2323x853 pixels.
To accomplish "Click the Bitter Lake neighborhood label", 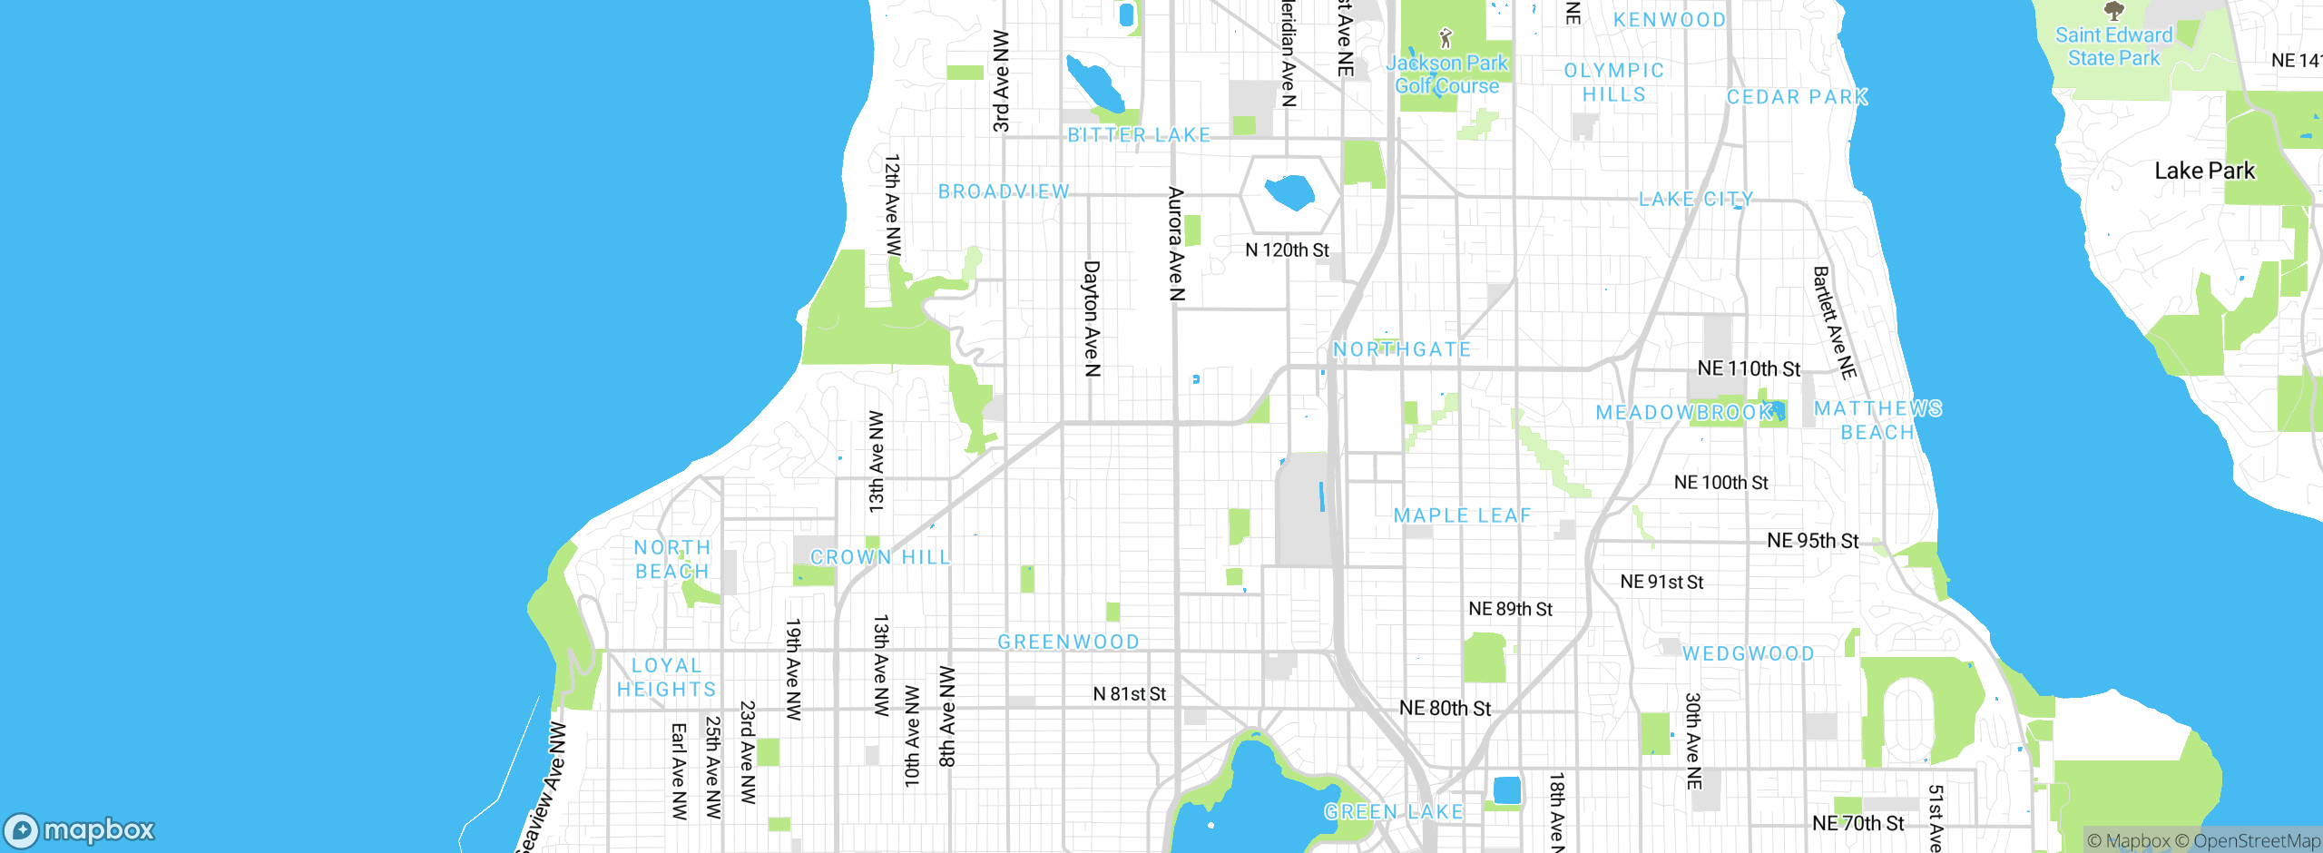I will pyautogui.click(x=1139, y=135).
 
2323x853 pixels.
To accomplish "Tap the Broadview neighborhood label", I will pyautogui.click(x=1004, y=191).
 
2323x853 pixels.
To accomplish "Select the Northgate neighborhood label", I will pyautogui.click(x=1402, y=349).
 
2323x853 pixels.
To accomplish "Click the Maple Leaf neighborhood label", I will pyautogui.click(x=1462, y=515).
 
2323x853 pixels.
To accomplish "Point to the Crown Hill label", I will pyautogui.click(x=880, y=557).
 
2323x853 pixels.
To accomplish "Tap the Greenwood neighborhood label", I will pyautogui.click(x=1068, y=642).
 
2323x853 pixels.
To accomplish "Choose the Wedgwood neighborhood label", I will pyautogui.click(x=1748, y=653).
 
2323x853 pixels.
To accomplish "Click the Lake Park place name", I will pyautogui.click(x=2204, y=171).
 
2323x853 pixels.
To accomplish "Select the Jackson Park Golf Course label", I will pyautogui.click(x=1446, y=74).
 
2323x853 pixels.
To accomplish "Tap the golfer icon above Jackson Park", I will pyautogui.click(x=1446, y=38).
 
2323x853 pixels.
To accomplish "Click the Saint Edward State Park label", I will pyautogui.click(x=2113, y=46).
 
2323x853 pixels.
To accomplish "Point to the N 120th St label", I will pyautogui.click(x=1287, y=250).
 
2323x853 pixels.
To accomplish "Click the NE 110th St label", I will pyautogui.click(x=1749, y=368).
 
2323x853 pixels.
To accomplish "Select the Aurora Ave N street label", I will pyautogui.click(x=1176, y=243).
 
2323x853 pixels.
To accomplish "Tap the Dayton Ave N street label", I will pyautogui.click(x=1092, y=319).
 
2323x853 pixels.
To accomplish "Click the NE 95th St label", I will pyautogui.click(x=1812, y=541).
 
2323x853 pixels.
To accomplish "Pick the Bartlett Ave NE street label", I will pyautogui.click(x=1834, y=322).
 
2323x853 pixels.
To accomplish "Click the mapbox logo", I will pyautogui.click(x=80, y=829).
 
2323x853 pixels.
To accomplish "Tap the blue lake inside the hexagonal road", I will pyautogui.click(x=1289, y=192).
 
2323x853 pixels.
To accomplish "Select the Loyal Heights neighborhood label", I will pyautogui.click(x=667, y=678).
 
